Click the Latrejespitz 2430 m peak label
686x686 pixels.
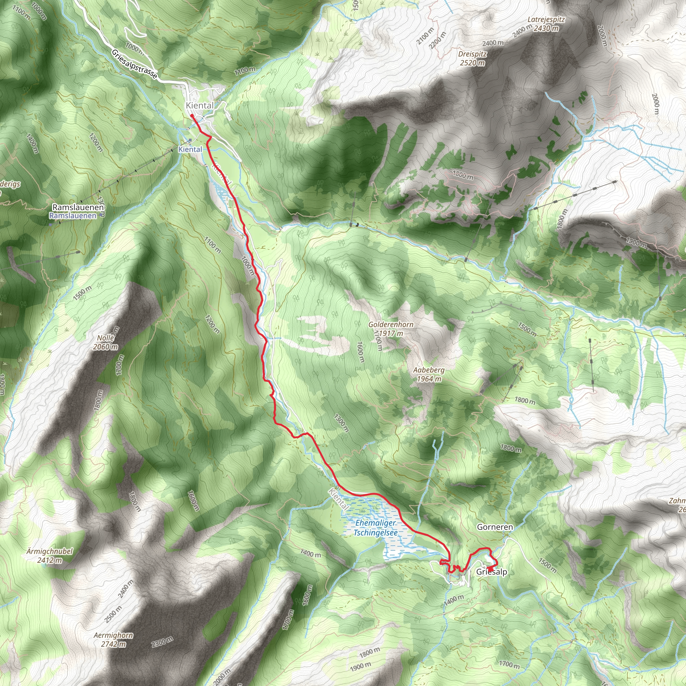pos(546,24)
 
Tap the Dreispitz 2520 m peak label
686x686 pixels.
pos(472,58)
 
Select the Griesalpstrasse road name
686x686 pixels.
pos(134,64)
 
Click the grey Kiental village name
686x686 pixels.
pos(200,106)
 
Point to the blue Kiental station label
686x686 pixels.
pos(190,149)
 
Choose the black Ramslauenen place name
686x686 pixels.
pos(78,207)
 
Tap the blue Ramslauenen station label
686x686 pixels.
pos(73,215)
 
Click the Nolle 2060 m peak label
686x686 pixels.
pos(106,342)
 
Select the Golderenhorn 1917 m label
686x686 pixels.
pos(391,329)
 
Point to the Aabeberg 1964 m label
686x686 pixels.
pos(428,374)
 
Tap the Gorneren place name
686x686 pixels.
pos(495,527)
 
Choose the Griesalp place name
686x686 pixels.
pos(491,572)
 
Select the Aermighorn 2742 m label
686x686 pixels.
pos(114,639)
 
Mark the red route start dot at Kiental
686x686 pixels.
pos(192,116)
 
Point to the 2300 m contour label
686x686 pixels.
pos(162,641)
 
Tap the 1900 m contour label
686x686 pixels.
pos(360,667)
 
